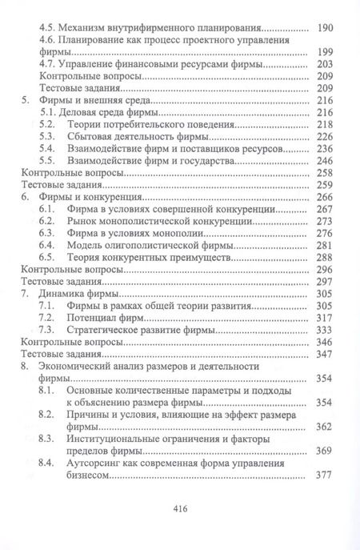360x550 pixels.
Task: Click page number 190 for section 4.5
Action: point(323,26)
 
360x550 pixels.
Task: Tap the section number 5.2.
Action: point(48,125)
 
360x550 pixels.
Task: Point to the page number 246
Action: point(323,160)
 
